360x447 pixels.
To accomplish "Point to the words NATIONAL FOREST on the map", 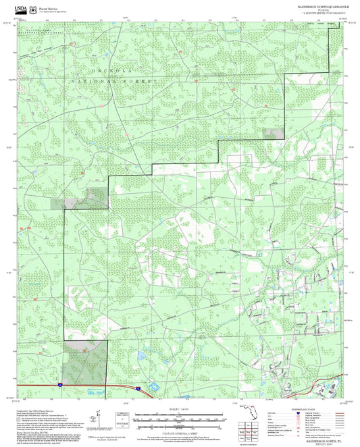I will [x=115, y=80].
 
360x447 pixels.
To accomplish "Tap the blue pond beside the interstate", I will [x=152, y=388].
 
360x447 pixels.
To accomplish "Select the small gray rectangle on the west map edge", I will [x=59, y=203].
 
